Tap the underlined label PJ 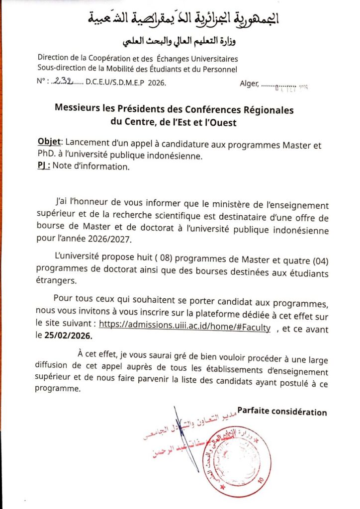pyautogui.click(x=44, y=167)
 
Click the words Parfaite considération pyautogui.click(x=282, y=412)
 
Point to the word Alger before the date pyautogui.click(x=249, y=84)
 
